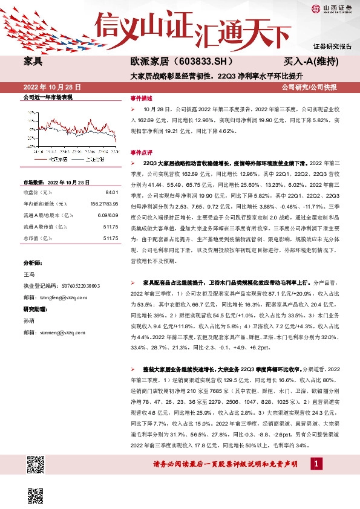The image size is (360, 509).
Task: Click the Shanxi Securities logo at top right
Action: coord(332,8)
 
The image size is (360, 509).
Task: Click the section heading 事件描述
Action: coord(142,97)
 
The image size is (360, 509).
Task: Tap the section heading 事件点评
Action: coord(142,153)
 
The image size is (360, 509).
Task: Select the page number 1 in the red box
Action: coord(315,463)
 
